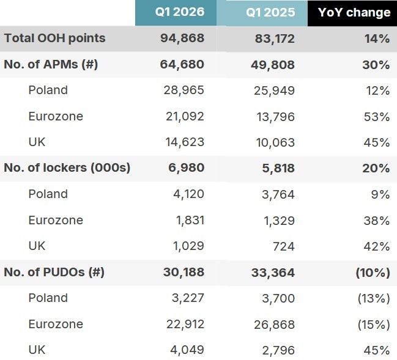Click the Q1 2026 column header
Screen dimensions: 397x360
(179, 12)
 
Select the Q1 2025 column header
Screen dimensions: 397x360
(270, 12)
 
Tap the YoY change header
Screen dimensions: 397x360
(354, 12)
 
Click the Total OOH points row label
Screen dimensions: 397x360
(54, 39)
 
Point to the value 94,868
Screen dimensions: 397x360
(182, 39)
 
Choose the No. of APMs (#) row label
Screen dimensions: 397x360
(51, 64)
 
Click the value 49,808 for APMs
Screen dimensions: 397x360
(273, 65)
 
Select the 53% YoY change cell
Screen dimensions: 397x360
(377, 117)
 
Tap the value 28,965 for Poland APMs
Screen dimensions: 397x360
(184, 90)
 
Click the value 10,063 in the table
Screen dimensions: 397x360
(275, 142)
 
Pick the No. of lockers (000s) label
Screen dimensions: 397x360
(67, 167)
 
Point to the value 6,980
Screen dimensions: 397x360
(187, 167)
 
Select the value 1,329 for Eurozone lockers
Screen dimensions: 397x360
(280, 221)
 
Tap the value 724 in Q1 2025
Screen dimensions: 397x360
(284, 246)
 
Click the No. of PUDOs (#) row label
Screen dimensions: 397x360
(54, 272)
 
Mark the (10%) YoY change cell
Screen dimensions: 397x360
(373, 273)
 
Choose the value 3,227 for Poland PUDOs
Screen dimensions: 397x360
(188, 298)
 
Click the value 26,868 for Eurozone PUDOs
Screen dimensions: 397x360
(275, 325)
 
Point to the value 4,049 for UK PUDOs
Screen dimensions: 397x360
(187, 350)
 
